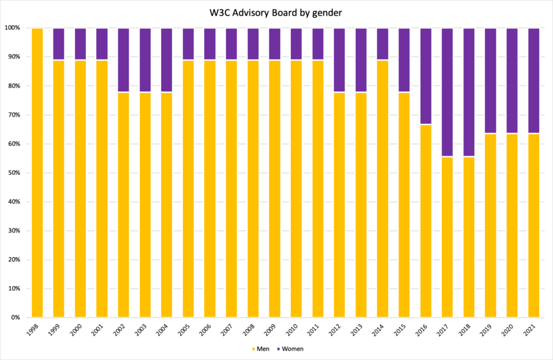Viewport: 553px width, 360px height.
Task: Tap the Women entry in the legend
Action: (291, 348)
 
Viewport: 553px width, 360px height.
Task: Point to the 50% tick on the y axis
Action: (13, 173)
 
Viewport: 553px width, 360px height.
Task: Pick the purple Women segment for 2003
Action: (145, 60)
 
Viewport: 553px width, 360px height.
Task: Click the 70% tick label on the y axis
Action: (13, 115)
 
